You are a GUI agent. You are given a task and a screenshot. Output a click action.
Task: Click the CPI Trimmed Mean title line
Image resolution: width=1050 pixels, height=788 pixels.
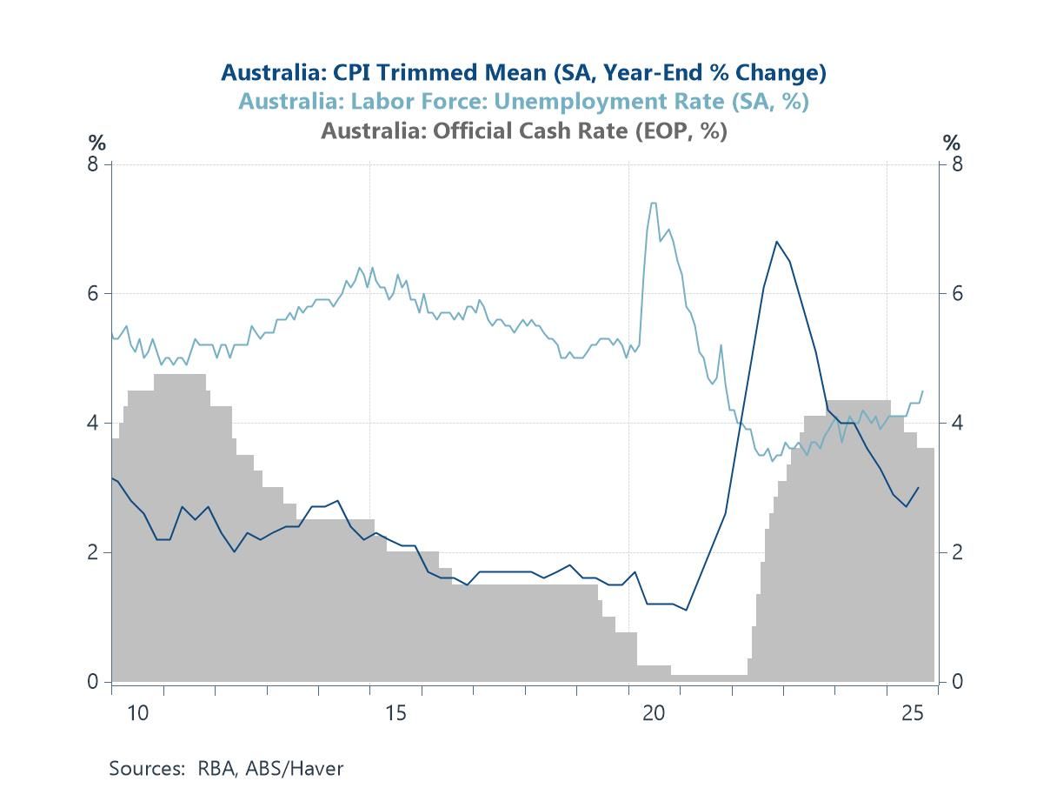pyautogui.click(x=523, y=71)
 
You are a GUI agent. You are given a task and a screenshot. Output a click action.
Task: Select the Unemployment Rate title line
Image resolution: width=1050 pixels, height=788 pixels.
pyautogui.click(x=523, y=101)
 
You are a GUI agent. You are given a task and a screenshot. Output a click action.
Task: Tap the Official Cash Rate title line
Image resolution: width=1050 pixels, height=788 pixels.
pyautogui.click(x=523, y=130)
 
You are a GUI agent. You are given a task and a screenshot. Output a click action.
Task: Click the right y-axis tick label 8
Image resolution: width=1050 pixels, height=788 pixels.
pyautogui.click(x=956, y=164)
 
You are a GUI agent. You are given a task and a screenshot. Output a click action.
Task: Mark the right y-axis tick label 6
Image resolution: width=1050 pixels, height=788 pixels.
pyautogui.click(x=956, y=293)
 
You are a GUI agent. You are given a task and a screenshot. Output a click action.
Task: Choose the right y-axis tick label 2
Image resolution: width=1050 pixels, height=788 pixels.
pyautogui.click(x=956, y=552)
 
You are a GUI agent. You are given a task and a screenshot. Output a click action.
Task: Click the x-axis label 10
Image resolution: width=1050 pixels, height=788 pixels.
pyautogui.click(x=137, y=714)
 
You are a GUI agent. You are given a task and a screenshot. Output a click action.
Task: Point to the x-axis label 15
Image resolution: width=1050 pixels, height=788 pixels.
pyautogui.click(x=395, y=714)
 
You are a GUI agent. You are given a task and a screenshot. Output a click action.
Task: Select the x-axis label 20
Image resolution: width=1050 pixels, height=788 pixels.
pyautogui.click(x=654, y=714)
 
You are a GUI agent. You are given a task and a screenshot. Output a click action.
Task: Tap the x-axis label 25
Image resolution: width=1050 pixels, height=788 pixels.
pyautogui.click(x=912, y=714)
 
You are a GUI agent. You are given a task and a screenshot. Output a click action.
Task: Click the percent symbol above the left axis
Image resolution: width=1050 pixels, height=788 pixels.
pyautogui.click(x=96, y=143)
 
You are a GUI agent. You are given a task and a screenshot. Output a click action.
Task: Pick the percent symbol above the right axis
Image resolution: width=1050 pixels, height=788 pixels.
pyautogui.click(x=953, y=143)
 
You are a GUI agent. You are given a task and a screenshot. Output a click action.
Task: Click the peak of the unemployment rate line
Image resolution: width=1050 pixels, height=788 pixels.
pyautogui.click(x=653, y=204)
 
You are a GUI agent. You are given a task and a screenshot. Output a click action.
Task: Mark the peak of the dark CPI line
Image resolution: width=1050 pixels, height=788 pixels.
pyautogui.click(x=776, y=242)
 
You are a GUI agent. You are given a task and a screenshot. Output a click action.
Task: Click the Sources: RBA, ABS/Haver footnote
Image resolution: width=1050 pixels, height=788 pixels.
pyautogui.click(x=226, y=769)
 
